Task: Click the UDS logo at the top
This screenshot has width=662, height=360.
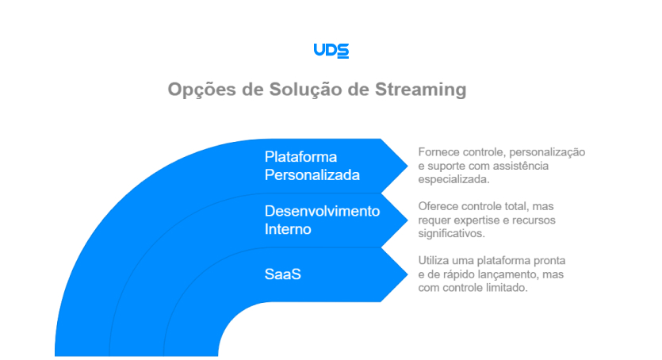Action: pyautogui.click(x=331, y=50)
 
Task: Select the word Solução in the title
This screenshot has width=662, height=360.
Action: pyautogui.click(x=303, y=90)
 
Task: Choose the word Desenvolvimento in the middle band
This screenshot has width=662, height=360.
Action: pyautogui.click(x=322, y=211)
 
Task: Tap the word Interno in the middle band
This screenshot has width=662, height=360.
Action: pyautogui.click(x=288, y=229)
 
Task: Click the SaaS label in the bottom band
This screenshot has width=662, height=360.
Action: pyautogui.click(x=282, y=275)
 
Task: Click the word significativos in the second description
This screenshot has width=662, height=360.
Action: pyautogui.click(x=456, y=235)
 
